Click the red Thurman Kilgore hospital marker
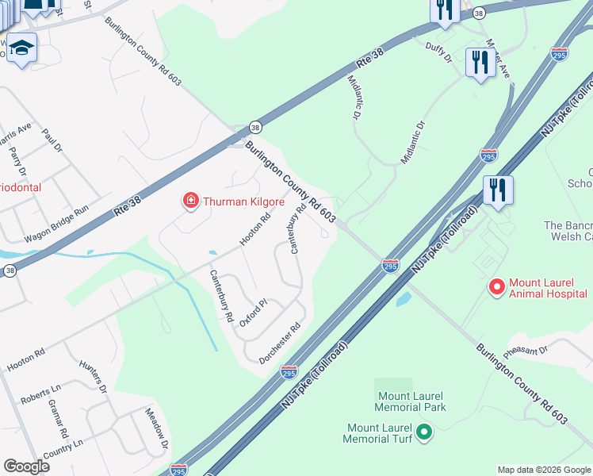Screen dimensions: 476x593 (x=190, y=201)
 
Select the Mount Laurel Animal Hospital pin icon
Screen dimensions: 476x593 (x=496, y=286)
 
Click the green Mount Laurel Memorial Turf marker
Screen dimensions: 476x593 (x=423, y=432)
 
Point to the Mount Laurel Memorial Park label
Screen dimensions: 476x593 (x=410, y=402)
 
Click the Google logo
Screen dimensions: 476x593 (x=26, y=466)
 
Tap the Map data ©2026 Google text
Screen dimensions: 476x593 (x=544, y=470)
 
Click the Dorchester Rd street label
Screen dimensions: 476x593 (x=280, y=344)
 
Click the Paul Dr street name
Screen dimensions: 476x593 (x=52, y=140)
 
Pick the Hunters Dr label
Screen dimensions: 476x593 (x=93, y=376)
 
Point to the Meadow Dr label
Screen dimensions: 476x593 (x=156, y=428)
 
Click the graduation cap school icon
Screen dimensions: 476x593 (x=22, y=49)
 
